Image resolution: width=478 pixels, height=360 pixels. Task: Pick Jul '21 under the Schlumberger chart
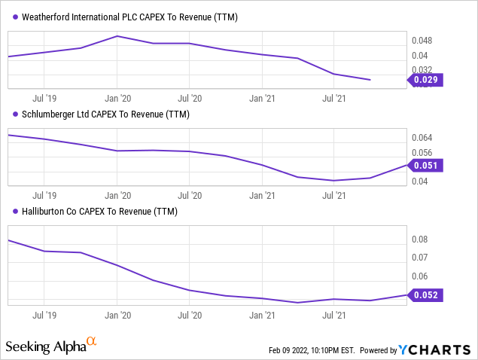tap(333, 195)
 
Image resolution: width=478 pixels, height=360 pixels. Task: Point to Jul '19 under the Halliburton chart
tap(44, 316)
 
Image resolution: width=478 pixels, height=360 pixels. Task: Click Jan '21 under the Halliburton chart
tap(261, 316)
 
